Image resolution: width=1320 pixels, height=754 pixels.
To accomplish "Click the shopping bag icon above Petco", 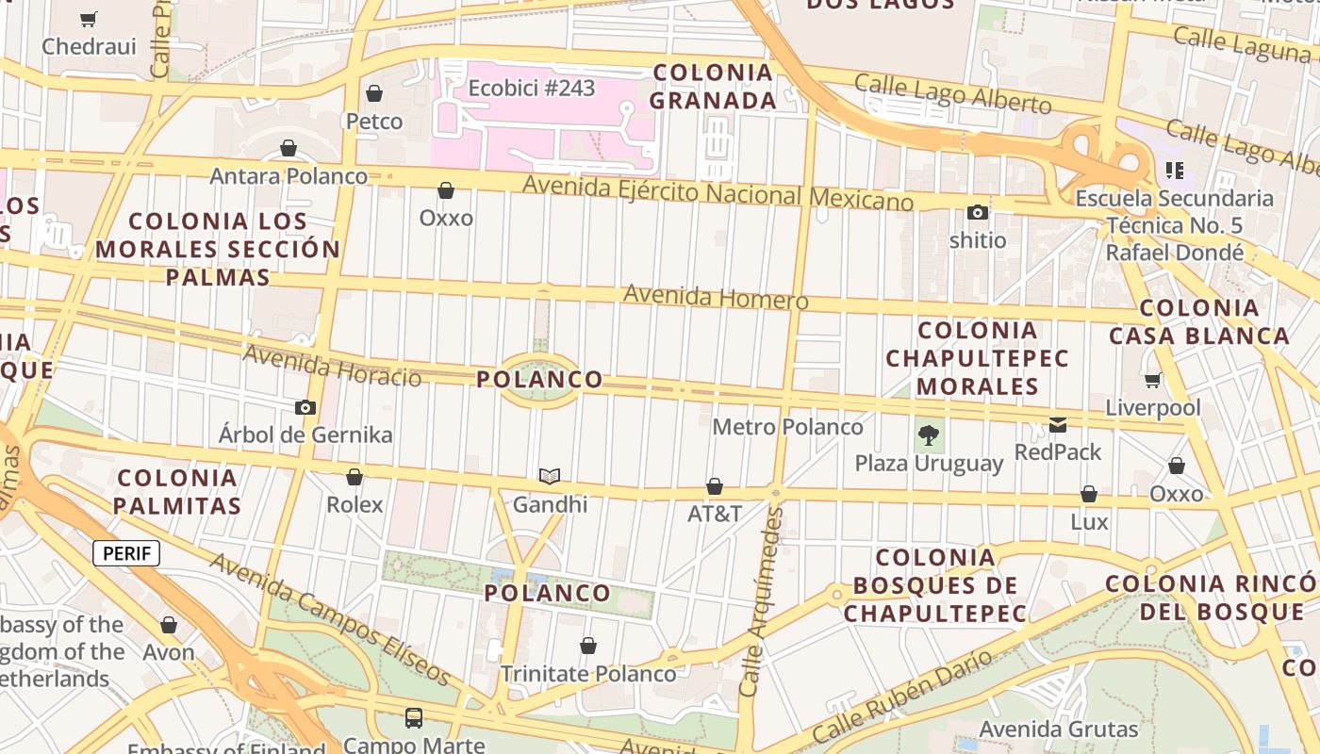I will point(374,93).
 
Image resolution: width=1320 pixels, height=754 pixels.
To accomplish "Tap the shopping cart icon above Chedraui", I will point(89,19).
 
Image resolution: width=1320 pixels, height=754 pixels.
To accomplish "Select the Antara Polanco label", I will point(289,176).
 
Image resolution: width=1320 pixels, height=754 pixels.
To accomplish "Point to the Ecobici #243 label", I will point(532,89).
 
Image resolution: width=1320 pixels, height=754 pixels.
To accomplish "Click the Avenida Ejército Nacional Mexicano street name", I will point(718,193).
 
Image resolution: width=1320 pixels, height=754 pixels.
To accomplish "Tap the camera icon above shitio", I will point(978,213).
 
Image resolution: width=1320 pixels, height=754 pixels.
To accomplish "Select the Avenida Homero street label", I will point(716,298).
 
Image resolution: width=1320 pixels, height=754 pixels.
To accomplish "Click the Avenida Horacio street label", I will point(332,366).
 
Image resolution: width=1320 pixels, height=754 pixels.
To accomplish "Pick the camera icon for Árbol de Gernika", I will point(305,408).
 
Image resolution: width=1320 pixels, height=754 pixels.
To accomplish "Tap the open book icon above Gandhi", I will point(550,477).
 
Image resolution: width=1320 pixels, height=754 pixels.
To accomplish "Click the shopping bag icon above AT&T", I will point(715,487).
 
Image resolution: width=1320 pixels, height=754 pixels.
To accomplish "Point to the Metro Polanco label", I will point(787,427).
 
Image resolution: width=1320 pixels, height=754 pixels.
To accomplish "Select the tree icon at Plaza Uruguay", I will point(929,435).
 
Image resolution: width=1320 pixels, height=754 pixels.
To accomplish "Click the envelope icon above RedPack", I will point(1058,425).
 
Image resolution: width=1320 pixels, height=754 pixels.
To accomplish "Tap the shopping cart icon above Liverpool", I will point(1153,381).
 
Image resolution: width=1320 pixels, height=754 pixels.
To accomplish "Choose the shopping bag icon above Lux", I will point(1089,495).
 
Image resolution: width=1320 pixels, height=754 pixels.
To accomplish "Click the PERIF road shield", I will point(126,553).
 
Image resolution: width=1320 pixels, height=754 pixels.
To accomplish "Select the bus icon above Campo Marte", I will point(414,718).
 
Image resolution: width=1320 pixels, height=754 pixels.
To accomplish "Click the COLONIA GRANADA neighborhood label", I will point(714,87).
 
